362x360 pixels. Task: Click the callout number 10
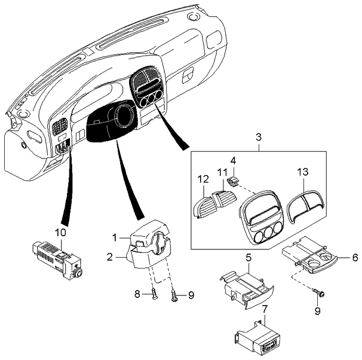tap(61, 231)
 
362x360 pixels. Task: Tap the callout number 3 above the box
tap(258, 138)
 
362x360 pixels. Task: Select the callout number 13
tap(303, 172)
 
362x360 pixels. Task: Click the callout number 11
tap(222, 172)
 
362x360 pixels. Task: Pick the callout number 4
tap(234, 160)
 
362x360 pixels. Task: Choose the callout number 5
tap(248, 258)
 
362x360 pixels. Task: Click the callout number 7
tap(265, 310)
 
